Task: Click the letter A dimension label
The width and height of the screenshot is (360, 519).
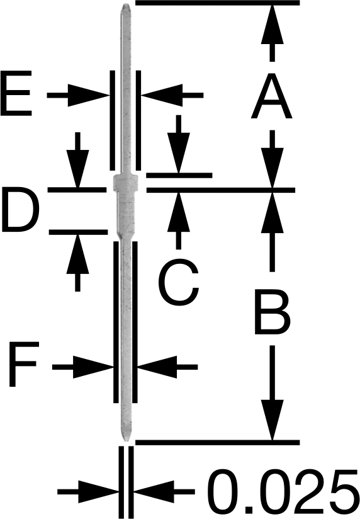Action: (272, 96)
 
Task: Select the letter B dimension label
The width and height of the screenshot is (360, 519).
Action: (273, 311)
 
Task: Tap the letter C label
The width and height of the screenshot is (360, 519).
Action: (179, 284)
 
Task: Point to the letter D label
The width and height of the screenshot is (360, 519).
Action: (21, 209)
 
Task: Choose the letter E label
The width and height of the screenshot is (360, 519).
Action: (16, 93)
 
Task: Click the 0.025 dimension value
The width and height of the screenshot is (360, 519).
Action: (284, 493)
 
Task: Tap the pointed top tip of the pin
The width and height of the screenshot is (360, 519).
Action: (126, 4)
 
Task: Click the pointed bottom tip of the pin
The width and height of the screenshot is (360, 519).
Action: (126, 440)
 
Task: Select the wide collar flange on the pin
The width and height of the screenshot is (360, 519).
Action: (126, 182)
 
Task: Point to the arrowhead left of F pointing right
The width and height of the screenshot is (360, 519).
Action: (93, 367)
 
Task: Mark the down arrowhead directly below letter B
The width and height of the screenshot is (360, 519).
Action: (273, 420)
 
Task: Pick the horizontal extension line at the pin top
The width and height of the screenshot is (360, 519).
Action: (218, 3)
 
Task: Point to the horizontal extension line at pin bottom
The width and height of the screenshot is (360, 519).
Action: (218, 443)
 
